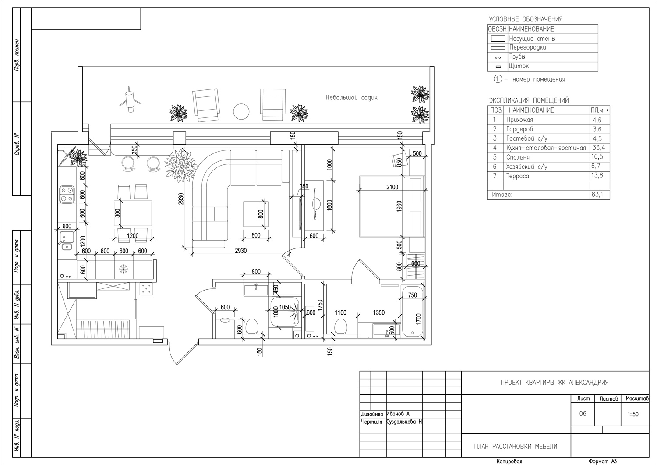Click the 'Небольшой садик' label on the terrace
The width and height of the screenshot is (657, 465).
click(x=351, y=97)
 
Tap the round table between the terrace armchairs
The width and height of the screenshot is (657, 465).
click(x=241, y=112)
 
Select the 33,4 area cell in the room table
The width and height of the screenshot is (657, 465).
click(x=598, y=147)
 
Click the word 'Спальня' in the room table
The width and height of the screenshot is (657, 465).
click(x=518, y=157)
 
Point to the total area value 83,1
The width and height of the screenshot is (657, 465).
click(x=597, y=194)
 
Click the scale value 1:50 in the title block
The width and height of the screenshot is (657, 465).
click(x=633, y=415)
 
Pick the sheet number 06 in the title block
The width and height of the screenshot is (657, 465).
click(x=583, y=414)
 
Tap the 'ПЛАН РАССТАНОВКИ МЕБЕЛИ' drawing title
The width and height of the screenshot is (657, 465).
click(x=516, y=447)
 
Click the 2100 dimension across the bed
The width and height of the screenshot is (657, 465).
click(x=392, y=187)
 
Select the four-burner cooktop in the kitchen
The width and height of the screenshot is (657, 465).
click(x=67, y=194)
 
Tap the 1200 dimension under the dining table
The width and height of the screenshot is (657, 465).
click(x=133, y=235)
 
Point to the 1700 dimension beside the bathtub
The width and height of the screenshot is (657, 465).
click(x=418, y=319)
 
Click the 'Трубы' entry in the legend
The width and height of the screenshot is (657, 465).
click(x=517, y=57)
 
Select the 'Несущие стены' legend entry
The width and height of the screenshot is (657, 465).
click(x=532, y=39)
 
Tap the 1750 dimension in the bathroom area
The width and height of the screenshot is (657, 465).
click(x=320, y=305)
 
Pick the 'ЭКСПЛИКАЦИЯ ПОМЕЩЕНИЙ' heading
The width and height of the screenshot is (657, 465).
click(x=529, y=100)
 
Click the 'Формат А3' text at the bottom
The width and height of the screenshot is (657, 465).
click(x=603, y=461)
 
